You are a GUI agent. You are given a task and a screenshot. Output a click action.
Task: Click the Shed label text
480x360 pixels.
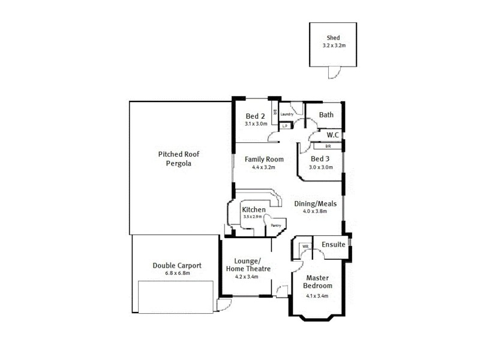click(x=333, y=37)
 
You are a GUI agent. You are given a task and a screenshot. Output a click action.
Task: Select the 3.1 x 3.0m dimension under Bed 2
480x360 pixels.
click(x=256, y=124)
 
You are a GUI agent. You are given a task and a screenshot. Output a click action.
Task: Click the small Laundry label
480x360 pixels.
click(x=286, y=113)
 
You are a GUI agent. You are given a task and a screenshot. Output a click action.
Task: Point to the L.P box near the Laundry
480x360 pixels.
click(x=285, y=126)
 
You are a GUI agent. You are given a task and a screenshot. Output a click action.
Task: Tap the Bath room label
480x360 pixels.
click(x=326, y=115)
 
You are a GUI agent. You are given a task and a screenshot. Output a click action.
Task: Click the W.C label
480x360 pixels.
click(x=332, y=136)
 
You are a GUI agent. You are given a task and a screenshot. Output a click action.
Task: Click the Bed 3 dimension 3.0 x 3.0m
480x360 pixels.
click(x=320, y=167)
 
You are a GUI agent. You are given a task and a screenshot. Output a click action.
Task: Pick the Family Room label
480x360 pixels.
click(x=263, y=159)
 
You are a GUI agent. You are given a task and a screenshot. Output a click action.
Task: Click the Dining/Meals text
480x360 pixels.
click(x=315, y=203)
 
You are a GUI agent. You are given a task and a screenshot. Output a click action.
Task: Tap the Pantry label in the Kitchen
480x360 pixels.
click(x=276, y=225)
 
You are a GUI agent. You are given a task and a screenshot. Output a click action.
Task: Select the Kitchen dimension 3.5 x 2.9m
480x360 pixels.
click(x=252, y=217)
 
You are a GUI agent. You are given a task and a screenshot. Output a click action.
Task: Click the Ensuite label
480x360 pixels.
click(x=333, y=245)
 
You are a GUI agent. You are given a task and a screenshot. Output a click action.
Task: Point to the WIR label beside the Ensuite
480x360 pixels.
click(x=305, y=247)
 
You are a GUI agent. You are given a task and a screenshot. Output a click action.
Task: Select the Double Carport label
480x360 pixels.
click(x=176, y=265)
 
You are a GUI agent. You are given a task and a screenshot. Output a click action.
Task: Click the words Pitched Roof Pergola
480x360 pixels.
click(x=178, y=158)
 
